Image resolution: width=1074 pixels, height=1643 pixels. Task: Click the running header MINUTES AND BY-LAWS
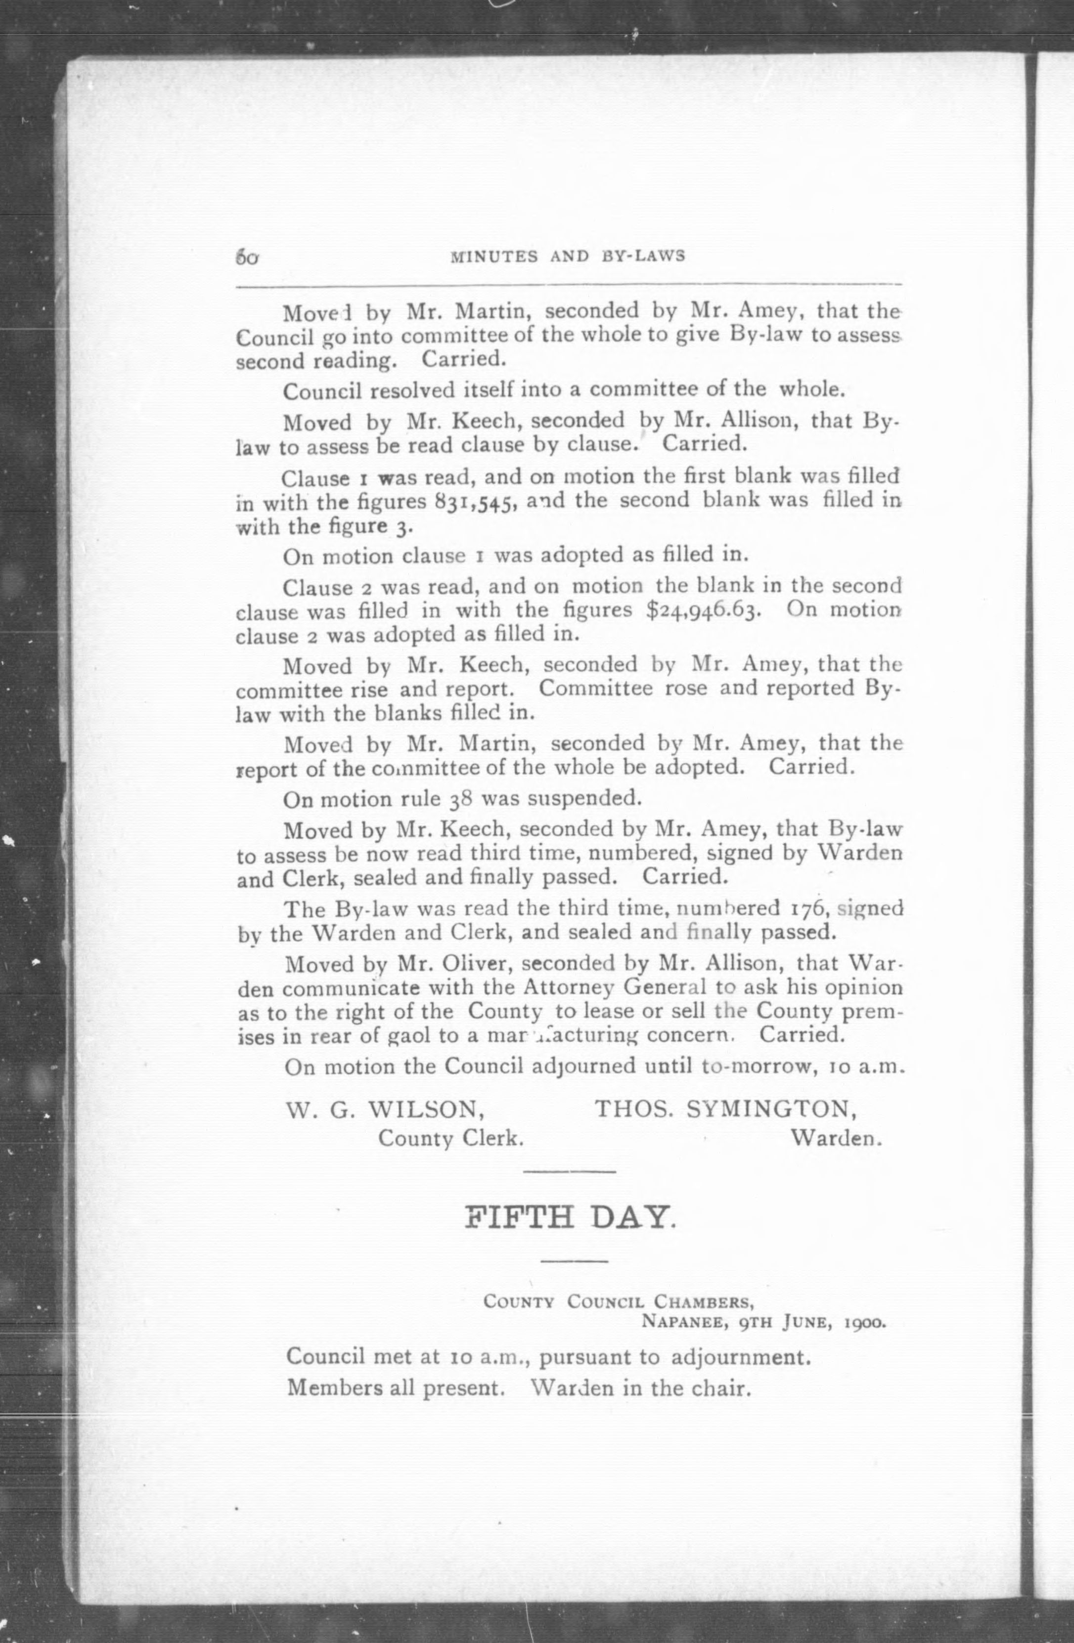pos(567,256)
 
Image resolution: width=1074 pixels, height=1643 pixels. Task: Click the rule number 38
pos(461,799)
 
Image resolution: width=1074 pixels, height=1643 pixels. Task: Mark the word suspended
pos(593,799)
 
